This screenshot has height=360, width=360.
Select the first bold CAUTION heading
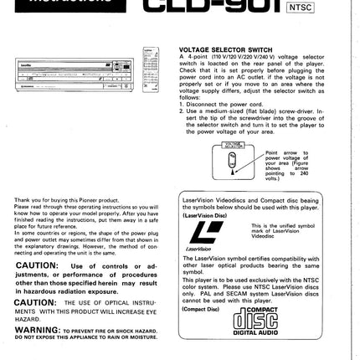(36, 265)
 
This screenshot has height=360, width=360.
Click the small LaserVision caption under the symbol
(199, 249)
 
